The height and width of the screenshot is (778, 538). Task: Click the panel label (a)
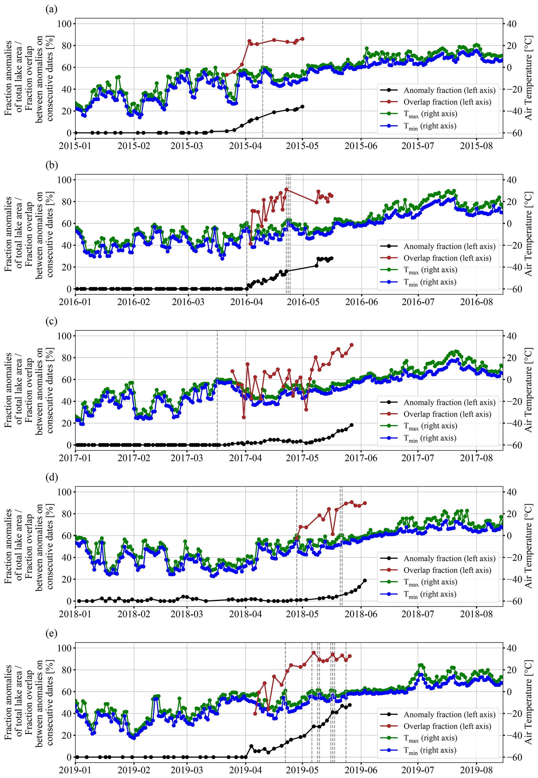[x=51, y=9]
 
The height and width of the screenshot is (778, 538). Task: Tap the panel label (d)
[x=51, y=477]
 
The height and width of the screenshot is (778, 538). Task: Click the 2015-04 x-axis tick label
[x=245, y=146]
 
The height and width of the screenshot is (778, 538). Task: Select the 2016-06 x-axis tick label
[x=361, y=302]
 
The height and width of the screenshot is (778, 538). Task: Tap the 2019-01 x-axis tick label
[x=75, y=770]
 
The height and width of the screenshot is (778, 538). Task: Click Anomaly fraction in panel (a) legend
[x=449, y=90]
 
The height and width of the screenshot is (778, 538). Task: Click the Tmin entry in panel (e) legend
[x=430, y=750]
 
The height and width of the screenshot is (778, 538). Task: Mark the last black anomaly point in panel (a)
[x=302, y=107]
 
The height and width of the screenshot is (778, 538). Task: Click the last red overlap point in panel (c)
[x=352, y=345]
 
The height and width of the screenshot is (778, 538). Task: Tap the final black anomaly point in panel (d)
[x=365, y=580]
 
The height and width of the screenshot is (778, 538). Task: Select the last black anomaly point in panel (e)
[x=350, y=705]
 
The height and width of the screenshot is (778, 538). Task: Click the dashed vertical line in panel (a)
[x=263, y=78]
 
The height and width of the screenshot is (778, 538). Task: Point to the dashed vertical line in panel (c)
[x=217, y=388]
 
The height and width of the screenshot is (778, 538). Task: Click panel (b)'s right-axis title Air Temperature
[x=529, y=234]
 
